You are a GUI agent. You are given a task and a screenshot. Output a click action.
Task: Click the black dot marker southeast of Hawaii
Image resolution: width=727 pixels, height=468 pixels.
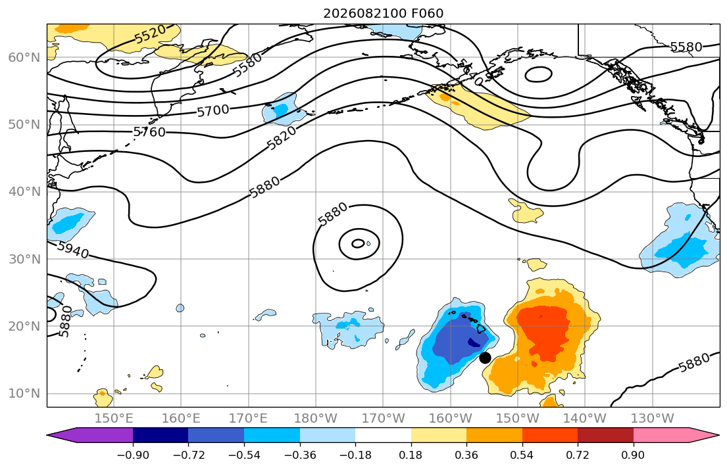tap(485, 358)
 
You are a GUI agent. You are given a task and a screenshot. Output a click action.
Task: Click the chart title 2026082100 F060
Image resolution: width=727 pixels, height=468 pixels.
tap(384, 13)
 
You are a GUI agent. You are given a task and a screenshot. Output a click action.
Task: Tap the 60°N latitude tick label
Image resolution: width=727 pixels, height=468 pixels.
tap(24, 57)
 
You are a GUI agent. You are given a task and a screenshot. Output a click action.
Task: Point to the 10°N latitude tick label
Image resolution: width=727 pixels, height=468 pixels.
tap(24, 394)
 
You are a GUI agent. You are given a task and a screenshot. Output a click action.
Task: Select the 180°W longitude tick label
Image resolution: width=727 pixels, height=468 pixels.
tap(316, 419)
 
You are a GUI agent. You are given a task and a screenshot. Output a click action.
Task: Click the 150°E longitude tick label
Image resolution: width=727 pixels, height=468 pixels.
tap(114, 419)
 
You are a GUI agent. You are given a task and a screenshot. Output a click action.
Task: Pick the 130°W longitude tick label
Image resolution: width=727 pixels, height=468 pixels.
tap(653, 419)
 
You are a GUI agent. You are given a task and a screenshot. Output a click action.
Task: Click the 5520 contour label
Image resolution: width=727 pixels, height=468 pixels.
tap(150, 34)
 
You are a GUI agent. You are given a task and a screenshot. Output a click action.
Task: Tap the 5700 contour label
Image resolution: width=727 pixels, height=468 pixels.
tap(213, 110)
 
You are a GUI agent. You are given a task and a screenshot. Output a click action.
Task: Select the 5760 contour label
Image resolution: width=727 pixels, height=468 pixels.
tap(149, 132)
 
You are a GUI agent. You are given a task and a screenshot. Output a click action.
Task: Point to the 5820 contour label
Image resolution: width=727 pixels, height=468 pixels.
tap(282, 138)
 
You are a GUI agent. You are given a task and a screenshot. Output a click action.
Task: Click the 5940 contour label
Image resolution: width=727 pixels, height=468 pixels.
tap(73, 250)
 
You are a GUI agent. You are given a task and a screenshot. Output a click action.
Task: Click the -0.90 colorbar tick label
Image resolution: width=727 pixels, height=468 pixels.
tap(133, 455)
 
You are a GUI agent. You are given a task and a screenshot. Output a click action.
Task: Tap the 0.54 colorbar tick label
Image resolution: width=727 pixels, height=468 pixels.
tap(522, 455)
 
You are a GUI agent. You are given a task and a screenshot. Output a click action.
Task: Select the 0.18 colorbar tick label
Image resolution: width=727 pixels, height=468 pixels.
tap(411, 455)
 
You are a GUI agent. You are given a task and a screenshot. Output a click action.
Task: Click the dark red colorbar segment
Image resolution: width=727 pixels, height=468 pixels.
tap(605, 435)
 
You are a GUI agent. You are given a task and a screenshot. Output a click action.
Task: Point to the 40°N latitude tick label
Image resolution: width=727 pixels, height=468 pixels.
tap(24, 192)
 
